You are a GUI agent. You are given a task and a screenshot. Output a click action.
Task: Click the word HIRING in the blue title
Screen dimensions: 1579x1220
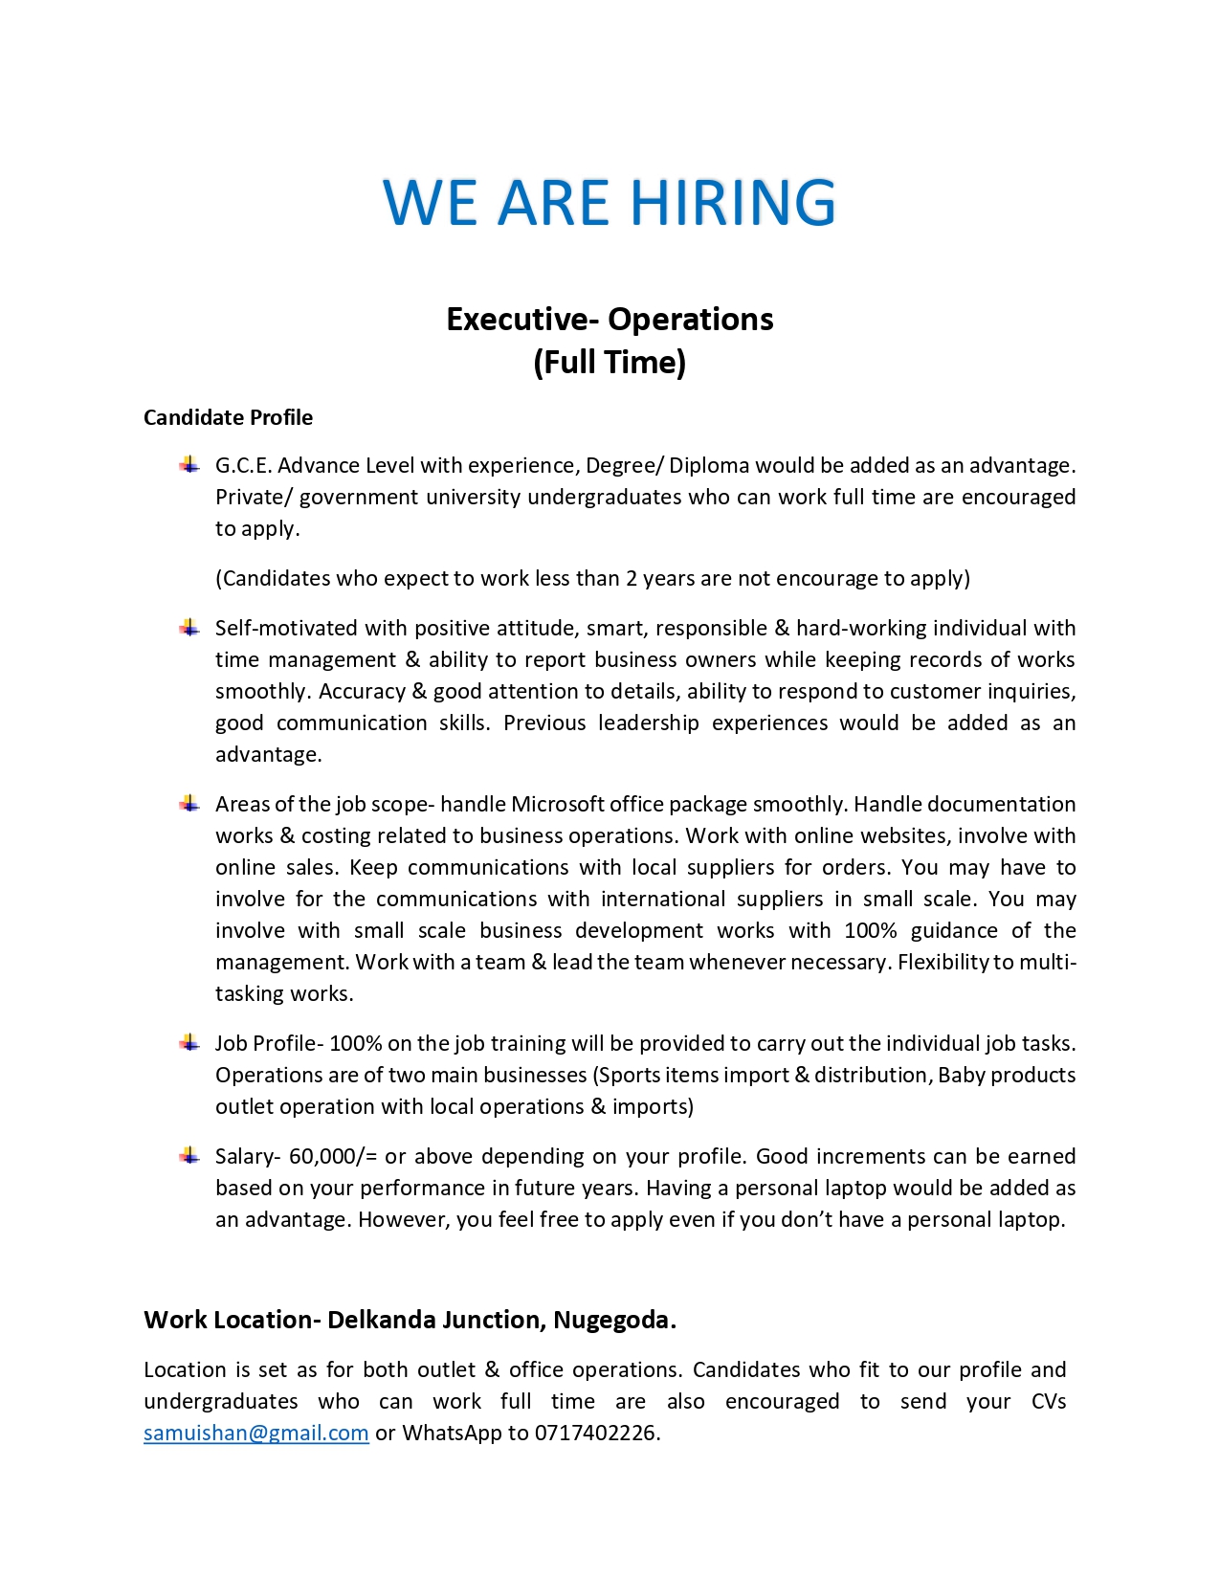732,202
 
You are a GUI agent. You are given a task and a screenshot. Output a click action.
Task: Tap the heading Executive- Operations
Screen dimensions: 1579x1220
610,319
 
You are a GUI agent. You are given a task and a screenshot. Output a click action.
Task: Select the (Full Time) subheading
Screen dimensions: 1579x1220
610,363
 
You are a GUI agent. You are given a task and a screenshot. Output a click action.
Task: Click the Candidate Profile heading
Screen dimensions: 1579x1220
228,417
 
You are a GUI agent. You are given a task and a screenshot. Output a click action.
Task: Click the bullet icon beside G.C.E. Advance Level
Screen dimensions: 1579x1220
189,465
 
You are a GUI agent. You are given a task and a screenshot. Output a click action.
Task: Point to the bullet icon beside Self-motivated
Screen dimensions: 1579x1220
189,628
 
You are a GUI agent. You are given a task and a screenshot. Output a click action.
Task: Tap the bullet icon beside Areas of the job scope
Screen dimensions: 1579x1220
189,804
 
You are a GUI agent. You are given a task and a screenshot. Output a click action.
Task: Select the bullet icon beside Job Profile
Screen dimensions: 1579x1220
189,1043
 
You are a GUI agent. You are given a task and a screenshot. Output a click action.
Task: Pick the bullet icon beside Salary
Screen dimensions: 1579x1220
189,1156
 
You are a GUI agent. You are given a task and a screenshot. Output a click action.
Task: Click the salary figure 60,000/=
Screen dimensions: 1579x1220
333,1156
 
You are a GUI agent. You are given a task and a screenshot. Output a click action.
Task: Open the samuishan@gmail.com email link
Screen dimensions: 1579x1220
255,1433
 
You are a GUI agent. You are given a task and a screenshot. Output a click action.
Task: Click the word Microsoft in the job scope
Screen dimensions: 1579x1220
557,804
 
